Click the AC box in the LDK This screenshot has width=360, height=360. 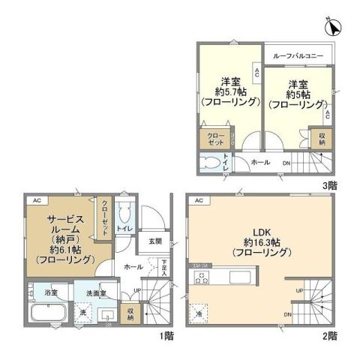199,200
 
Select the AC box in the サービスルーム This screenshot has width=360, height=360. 36,200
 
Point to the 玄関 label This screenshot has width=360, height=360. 154,241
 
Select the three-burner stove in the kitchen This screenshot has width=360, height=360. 201,277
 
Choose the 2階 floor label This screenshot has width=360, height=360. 331,335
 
